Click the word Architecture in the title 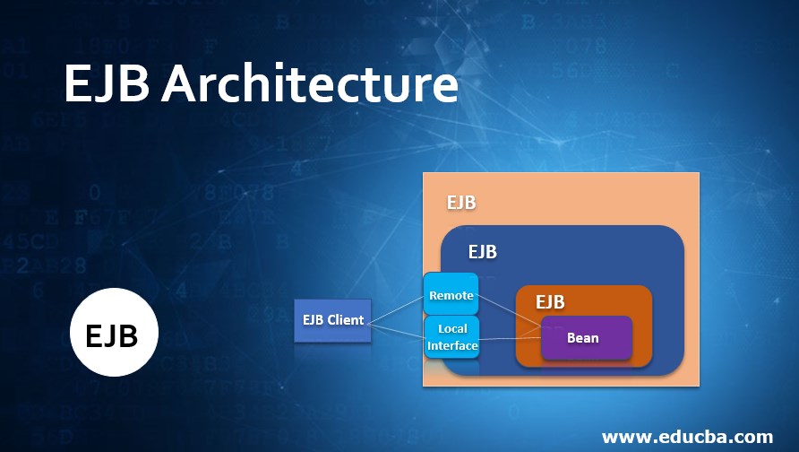tap(309, 86)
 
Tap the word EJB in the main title tap(107, 86)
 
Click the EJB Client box tap(332, 320)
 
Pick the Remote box tap(451, 295)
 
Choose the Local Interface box tap(451, 337)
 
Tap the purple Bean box tap(586, 338)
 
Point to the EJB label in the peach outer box tap(461, 203)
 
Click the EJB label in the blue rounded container tap(482, 252)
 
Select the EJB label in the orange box tap(550, 301)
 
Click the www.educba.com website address tap(687, 437)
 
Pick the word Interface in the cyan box tap(452, 345)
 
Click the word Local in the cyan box tap(452, 329)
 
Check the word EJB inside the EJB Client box tap(313, 320)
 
